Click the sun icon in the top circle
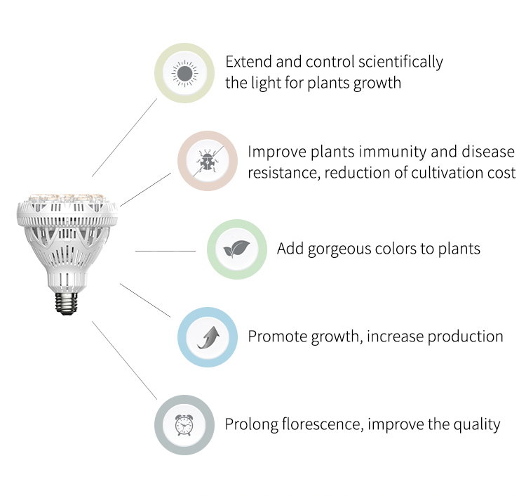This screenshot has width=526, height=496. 184,73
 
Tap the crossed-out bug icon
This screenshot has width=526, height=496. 208,161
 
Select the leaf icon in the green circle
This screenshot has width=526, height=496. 236,249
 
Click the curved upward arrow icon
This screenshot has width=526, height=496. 208,337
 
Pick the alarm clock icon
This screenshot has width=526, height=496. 184,425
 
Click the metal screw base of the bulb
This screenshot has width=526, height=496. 67,304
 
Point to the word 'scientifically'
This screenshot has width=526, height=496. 400,63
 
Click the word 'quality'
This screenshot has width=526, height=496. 477,425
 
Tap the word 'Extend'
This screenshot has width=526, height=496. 248,62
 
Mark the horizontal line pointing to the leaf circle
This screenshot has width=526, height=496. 166,251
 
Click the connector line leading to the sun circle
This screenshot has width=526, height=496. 124,138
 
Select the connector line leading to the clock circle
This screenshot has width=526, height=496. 124,360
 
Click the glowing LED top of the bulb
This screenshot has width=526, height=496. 67,197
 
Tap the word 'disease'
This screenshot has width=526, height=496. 488,152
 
